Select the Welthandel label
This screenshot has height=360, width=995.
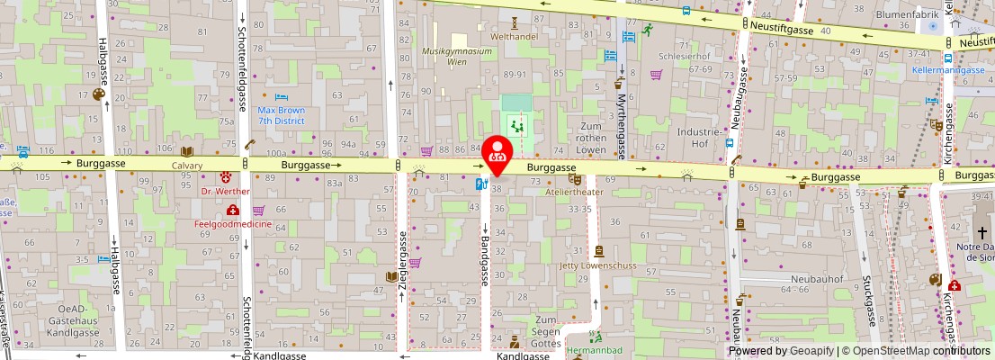514,38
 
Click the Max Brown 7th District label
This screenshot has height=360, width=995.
282,114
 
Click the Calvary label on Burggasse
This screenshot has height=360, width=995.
187,166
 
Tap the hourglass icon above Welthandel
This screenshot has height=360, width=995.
514,22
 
